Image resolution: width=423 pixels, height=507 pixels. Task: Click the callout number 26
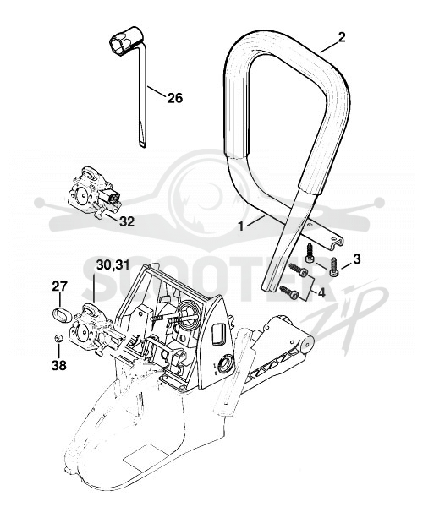[x=175, y=98]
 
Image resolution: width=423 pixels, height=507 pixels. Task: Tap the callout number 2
[x=342, y=37]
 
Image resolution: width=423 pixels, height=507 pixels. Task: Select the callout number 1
[x=240, y=226]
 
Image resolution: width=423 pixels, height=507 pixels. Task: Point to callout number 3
[x=356, y=259]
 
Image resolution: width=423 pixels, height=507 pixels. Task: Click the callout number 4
[x=321, y=292]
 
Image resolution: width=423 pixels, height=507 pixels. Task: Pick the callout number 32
[x=127, y=221]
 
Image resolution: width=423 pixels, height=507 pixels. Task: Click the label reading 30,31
[x=113, y=265]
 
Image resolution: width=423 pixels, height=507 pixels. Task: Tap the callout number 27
[x=60, y=286]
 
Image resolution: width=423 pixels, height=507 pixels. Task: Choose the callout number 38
[x=58, y=365]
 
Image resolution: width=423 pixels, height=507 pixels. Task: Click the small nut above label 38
[x=58, y=339]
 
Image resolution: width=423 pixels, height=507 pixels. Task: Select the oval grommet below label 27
[x=62, y=315]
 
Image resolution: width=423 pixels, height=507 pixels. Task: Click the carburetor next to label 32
[x=94, y=193]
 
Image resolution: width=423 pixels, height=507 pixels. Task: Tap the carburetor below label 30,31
[x=95, y=329]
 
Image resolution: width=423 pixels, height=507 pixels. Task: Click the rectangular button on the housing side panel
[x=219, y=335]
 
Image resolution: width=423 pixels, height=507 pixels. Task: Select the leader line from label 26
[x=157, y=91]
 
